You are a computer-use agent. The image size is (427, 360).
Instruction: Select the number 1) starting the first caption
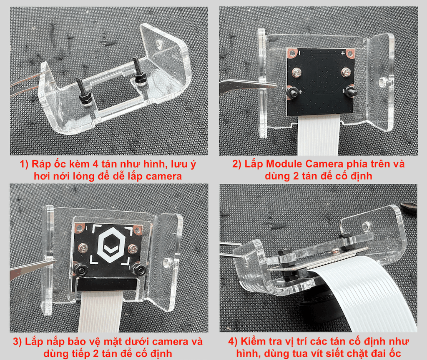[x=24, y=164]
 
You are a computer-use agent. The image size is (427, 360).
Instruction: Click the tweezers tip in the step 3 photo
[x=55, y=261]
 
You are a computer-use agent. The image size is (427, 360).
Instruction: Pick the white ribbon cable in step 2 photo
[x=319, y=135]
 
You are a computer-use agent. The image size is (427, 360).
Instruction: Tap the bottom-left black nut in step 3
[x=80, y=270]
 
